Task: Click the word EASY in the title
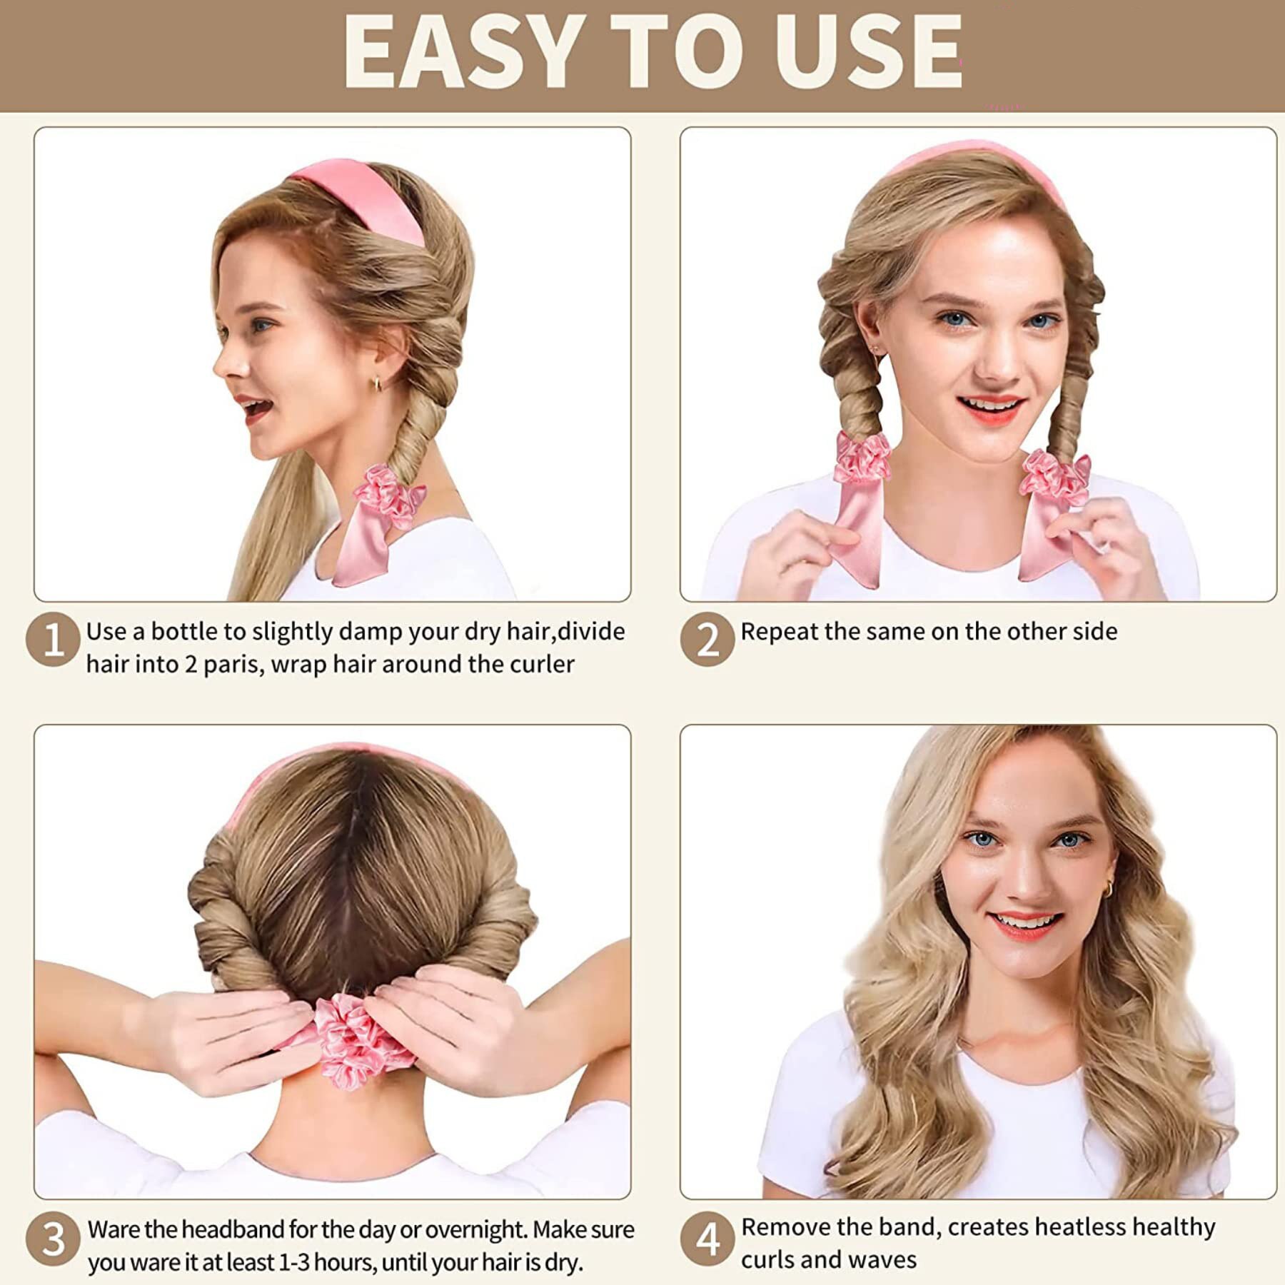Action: click(460, 51)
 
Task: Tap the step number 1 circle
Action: click(53, 640)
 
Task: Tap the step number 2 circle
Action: click(707, 640)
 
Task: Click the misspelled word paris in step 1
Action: click(228, 665)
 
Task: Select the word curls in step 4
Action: click(767, 1261)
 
